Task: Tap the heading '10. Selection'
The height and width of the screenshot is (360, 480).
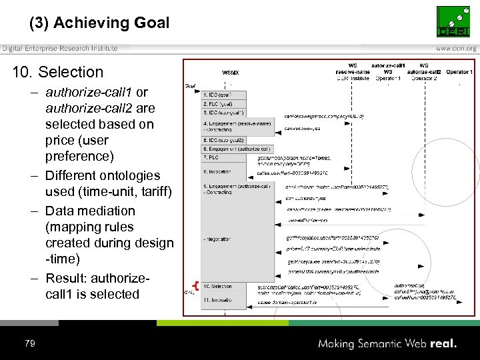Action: [x=58, y=72]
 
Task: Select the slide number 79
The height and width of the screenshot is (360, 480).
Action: [x=29, y=343]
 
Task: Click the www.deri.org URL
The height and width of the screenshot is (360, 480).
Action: [x=456, y=48]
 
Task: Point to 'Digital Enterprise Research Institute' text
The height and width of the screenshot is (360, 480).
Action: [x=60, y=48]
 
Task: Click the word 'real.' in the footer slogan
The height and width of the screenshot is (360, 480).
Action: [x=443, y=344]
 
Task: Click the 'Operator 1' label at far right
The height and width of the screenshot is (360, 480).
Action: [x=459, y=71]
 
